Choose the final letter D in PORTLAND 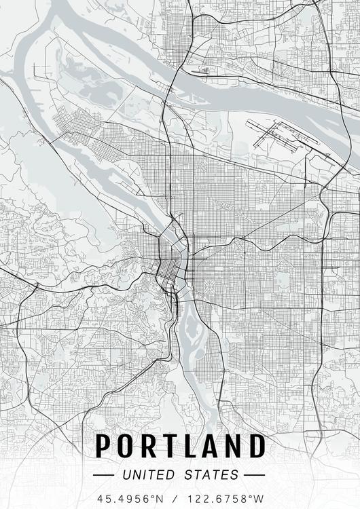256,446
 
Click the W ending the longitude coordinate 258,498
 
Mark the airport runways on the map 282,135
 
